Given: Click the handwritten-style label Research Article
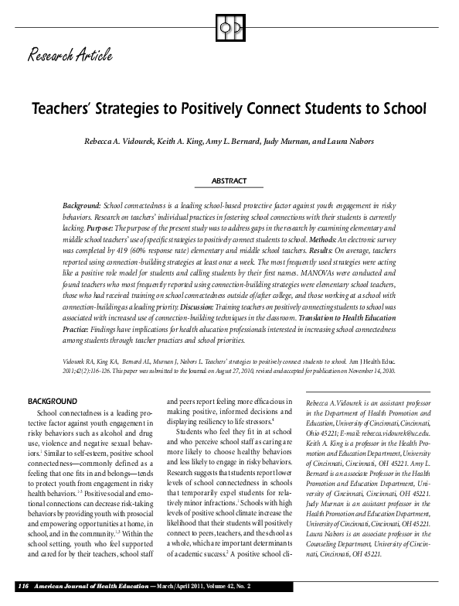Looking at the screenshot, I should click(x=71, y=55).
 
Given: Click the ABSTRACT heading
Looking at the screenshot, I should click(x=229, y=180).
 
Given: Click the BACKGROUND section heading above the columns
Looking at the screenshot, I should click(x=53, y=402).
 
